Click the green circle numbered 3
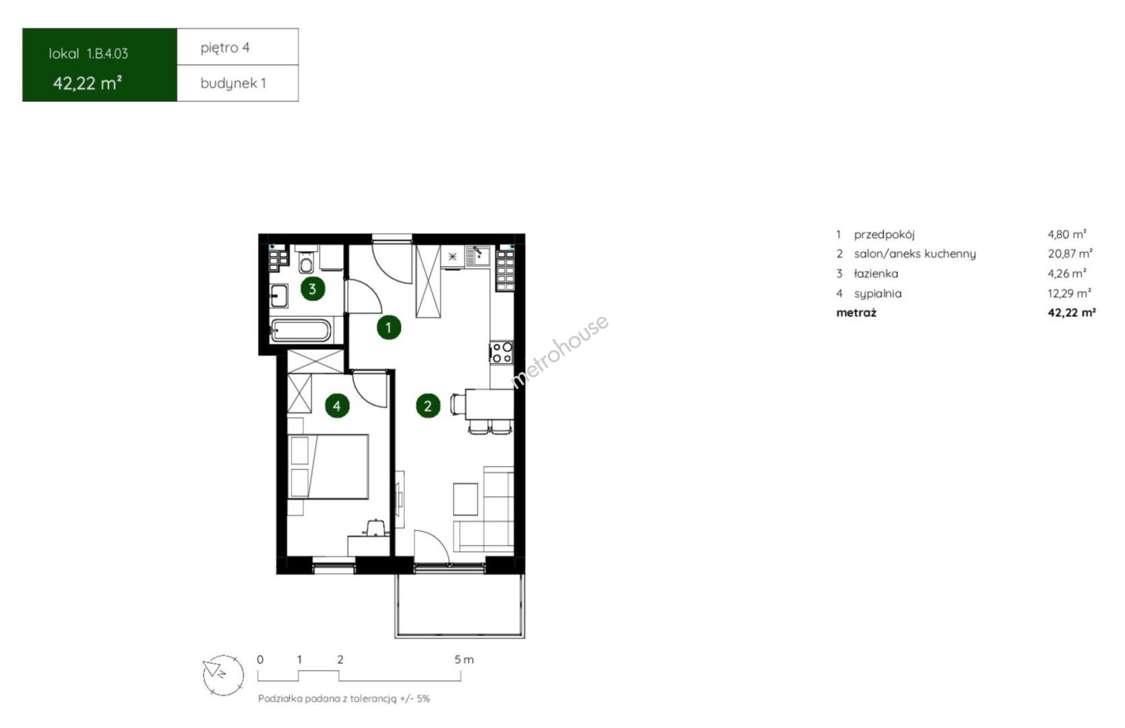tap(312, 289)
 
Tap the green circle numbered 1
tap(389, 328)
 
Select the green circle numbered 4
tap(337, 406)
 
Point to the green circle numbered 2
tap(428, 406)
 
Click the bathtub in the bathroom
tap(301, 331)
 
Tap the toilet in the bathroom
tap(307, 260)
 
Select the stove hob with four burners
tap(501, 352)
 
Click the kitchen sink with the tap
tap(478, 255)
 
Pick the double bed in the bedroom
tap(328, 466)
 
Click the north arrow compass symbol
tap(223, 675)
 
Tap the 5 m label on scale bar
tap(464, 660)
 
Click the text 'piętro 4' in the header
tap(225, 48)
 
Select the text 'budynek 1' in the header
tap(233, 84)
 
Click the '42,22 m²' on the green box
tap(88, 83)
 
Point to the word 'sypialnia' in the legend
tap(878, 293)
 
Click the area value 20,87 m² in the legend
tap(1070, 253)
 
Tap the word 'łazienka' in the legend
tap(876, 274)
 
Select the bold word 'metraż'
tap(856, 313)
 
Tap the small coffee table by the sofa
tap(466, 499)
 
